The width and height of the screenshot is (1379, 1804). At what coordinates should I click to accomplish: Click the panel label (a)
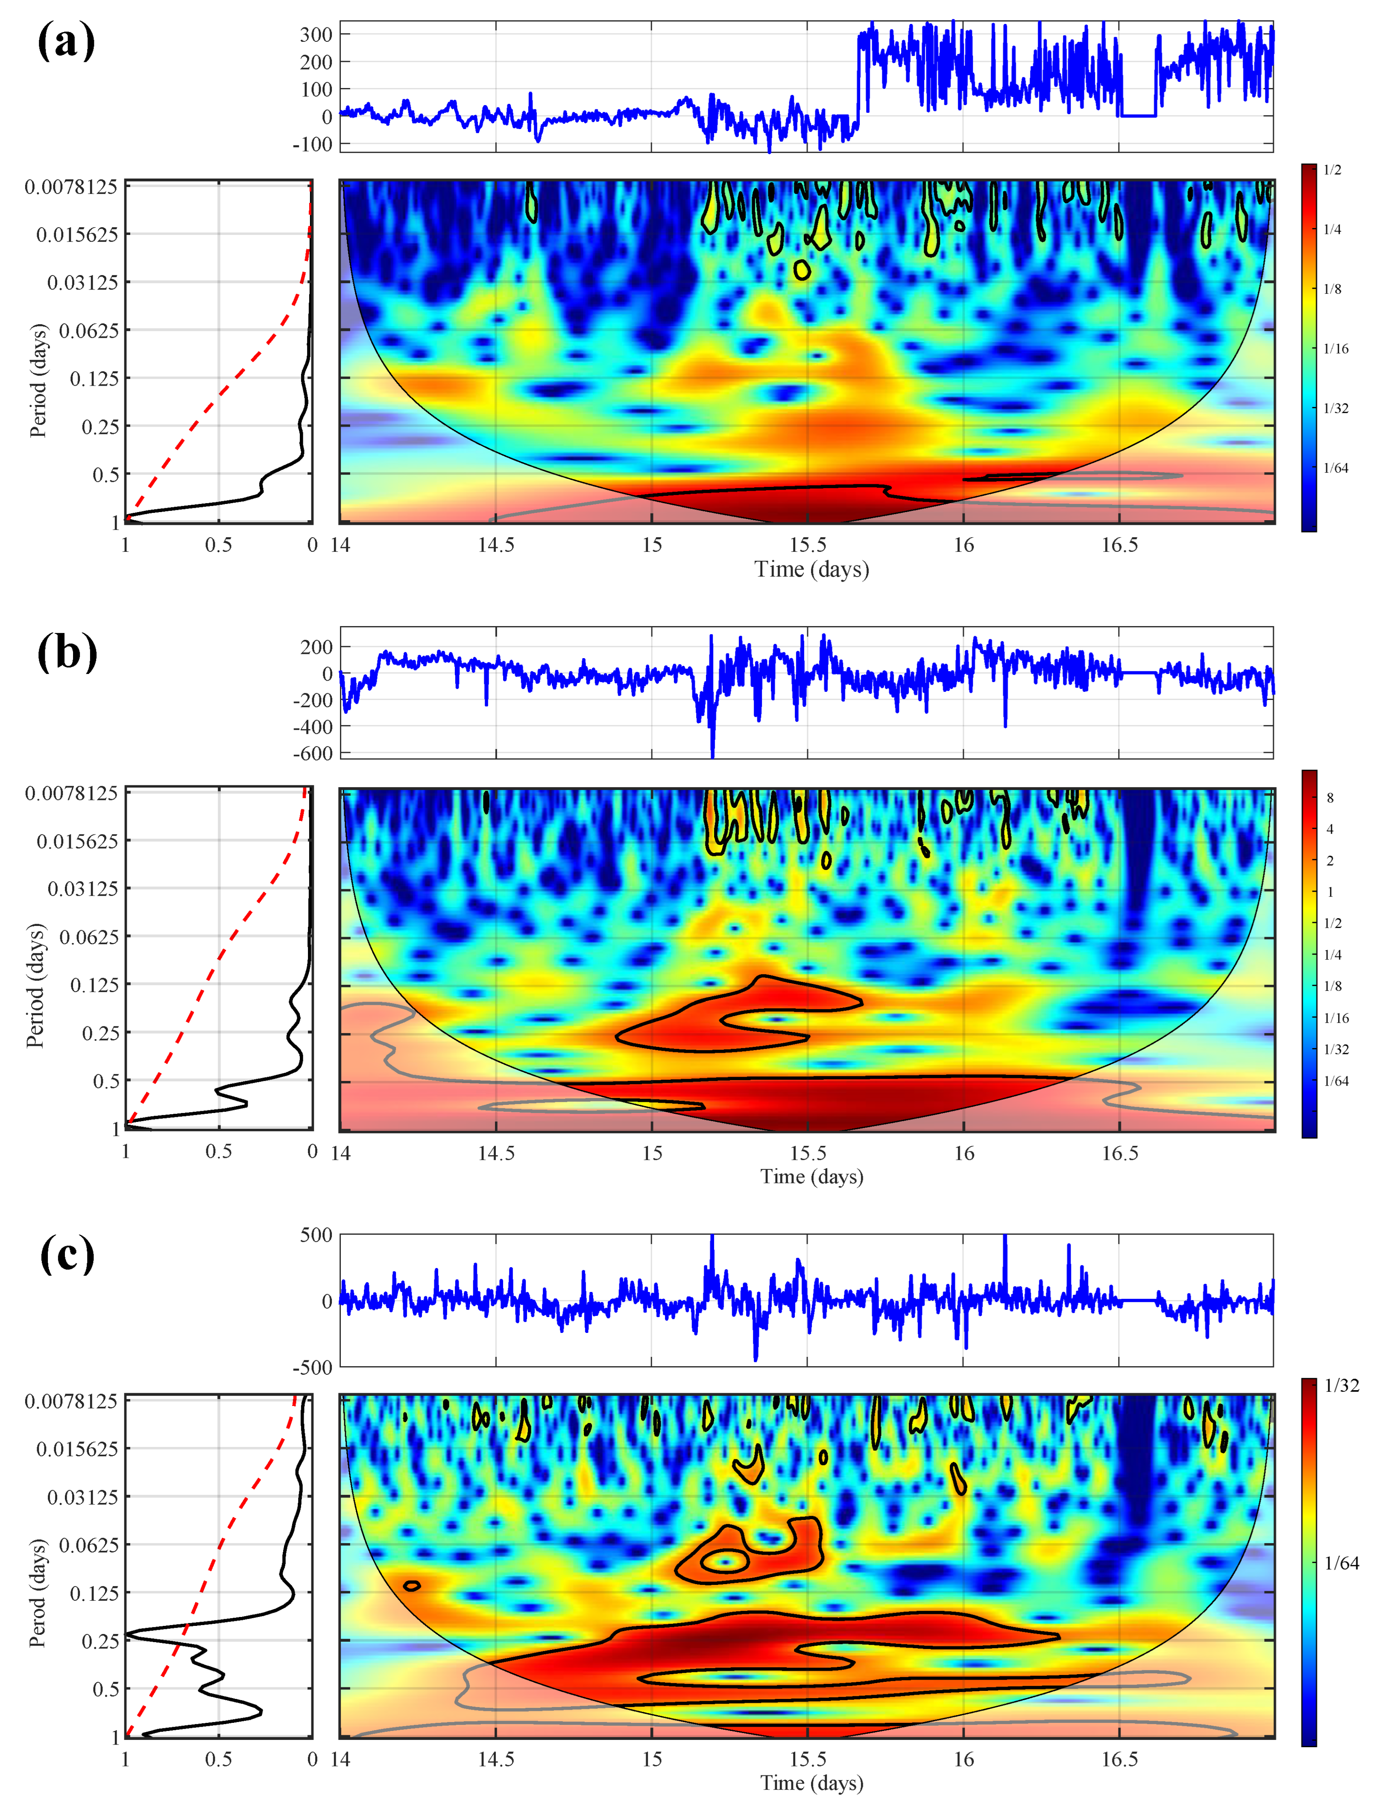[x=66, y=41]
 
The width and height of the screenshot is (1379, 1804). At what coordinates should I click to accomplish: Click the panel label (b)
[x=67, y=653]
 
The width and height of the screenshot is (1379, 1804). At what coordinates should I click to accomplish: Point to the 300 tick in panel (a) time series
[x=316, y=35]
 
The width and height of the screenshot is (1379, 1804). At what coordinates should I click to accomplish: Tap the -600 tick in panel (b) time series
[x=313, y=753]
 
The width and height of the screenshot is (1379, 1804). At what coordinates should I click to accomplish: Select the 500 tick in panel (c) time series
[x=316, y=1235]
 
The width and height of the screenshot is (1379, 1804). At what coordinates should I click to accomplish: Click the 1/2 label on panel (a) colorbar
[x=1332, y=170]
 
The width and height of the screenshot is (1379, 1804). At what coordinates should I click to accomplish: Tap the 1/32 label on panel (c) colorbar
[x=1341, y=1385]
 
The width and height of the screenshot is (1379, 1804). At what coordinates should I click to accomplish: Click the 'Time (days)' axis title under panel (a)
[x=811, y=569]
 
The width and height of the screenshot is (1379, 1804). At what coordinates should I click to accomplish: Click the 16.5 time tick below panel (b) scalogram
[x=1120, y=1153]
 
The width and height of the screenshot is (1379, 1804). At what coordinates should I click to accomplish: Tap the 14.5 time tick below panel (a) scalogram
[x=496, y=545]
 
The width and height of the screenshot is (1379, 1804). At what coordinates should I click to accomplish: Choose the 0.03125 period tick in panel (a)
[x=83, y=282]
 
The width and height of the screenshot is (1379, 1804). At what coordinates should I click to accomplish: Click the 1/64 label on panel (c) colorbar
[x=1341, y=1563]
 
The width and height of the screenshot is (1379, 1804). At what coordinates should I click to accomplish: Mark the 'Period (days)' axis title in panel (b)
[x=36, y=985]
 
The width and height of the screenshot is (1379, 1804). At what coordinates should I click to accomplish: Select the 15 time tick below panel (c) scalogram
[x=652, y=1759]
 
